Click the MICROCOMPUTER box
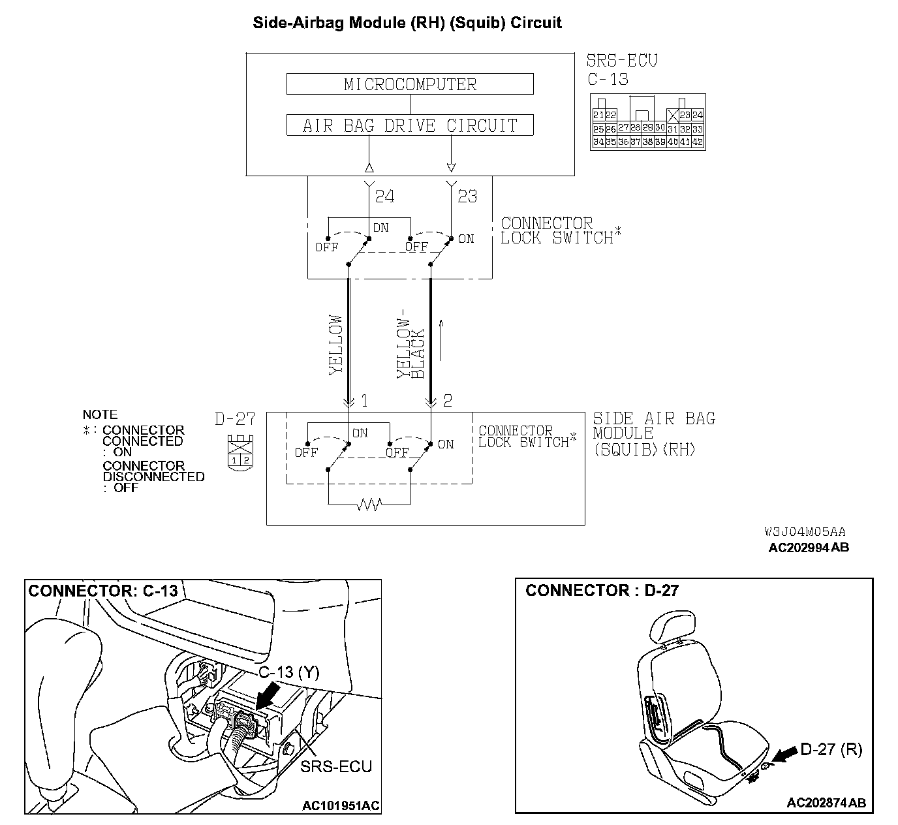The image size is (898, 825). [x=410, y=84]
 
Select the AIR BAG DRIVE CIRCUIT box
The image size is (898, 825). [x=410, y=125]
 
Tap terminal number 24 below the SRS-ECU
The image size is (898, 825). [x=384, y=196]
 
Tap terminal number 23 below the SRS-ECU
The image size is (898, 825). [x=467, y=196]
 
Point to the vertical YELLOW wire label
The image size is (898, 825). [x=335, y=345]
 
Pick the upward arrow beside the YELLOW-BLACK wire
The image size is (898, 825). [x=441, y=339]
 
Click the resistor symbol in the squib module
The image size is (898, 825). [x=369, y=505]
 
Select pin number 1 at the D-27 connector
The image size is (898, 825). [x=364, y=401]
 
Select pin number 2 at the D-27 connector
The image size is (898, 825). [x=447, y=401]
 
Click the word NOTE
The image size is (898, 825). [x=100, y=414]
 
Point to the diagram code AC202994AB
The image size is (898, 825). [x=809, y=548]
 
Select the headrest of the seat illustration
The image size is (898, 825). [x=670, y=626]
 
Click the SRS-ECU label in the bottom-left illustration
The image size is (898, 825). [x=336, y=766]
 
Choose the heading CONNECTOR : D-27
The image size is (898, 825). [x=602, y=591]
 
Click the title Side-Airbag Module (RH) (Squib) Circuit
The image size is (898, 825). [x=407, y=23]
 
